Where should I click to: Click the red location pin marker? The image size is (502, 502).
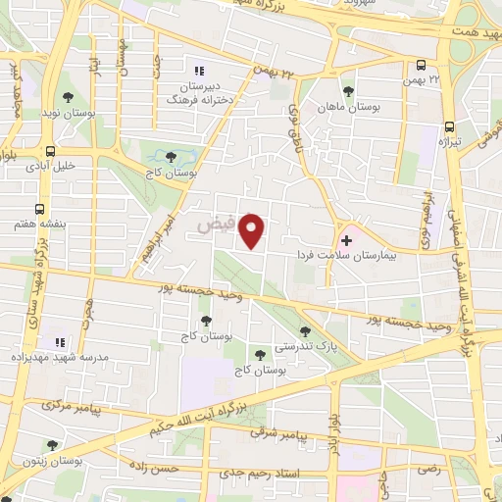click(x=254, y=231)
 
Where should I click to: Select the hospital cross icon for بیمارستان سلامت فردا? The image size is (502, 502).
click(x=346, y=238)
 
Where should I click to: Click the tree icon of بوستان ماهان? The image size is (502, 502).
click(x=319, y=87)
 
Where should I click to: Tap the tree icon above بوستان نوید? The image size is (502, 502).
click(x=68, y=96)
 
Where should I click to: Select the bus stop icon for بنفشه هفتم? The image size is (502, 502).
click(x=39, y=209)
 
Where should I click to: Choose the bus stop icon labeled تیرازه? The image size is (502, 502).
click(x=450, y=125)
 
